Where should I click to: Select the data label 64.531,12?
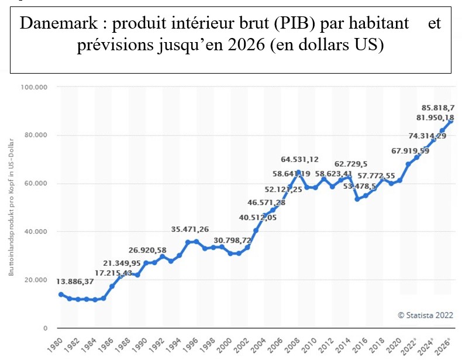coord(299,159)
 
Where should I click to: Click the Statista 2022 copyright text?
coord(426,314)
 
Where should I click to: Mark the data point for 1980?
coord(61,295)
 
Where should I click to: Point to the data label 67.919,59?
coord(402,151)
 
